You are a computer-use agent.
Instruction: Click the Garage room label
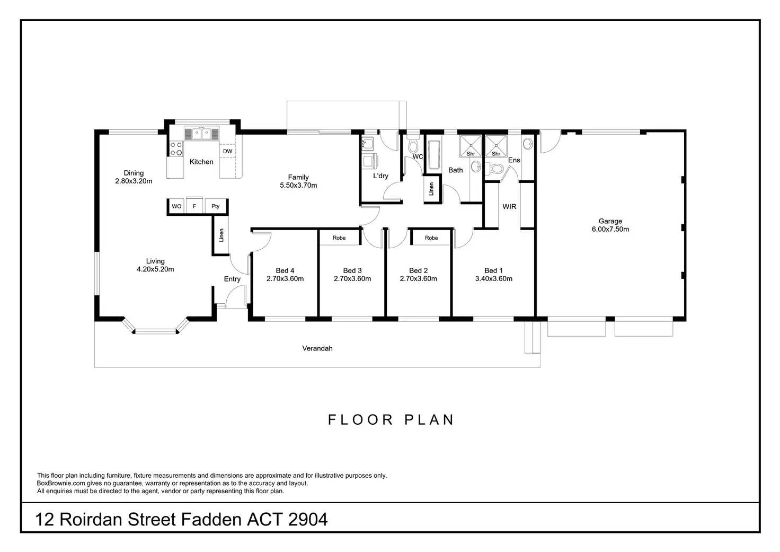tap(610, 221)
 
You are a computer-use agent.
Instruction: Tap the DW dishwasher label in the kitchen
tap(227, 151)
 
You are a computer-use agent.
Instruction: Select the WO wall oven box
tap(176, 206)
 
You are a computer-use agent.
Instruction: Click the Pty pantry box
tap(216, 206)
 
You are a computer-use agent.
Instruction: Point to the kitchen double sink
tap(201, 134)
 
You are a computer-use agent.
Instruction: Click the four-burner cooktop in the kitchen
tap(176, 149)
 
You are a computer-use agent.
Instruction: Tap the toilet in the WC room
tap(413, 146)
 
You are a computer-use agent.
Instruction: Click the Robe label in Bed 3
tap(339, 238)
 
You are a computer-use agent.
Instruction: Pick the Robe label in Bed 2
tap(431, 238)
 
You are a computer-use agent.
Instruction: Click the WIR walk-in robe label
tap(509, 207)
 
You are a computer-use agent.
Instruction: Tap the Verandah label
tap(317, 348)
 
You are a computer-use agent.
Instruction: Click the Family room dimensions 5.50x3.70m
tap(298, 186)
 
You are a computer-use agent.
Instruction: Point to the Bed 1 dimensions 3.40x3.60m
tap(493, 279)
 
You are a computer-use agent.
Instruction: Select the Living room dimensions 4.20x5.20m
tap(155, 269)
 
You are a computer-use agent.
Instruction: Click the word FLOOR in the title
tap(360, 420)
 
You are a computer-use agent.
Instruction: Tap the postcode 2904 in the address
tap(308, 520)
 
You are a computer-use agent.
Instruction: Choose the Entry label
tap(232, 279)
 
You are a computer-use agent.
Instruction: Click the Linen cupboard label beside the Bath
tap(431, 189)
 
